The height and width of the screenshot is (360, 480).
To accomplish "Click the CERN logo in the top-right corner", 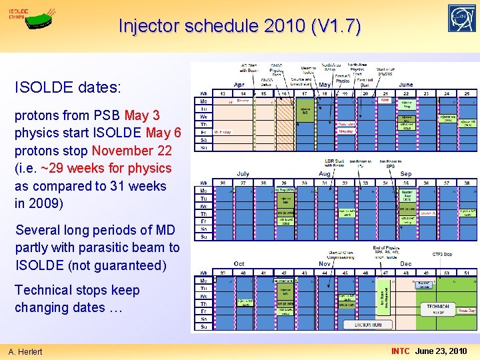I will click(x=462, y=19).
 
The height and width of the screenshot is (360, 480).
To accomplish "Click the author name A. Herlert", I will click(x=25, y=351).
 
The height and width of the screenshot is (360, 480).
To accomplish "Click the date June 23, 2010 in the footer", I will click(x=441, y=351).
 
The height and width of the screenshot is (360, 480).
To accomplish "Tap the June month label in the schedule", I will click(x=405, y=85).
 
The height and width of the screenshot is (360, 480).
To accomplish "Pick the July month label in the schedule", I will click(x=243, y=174).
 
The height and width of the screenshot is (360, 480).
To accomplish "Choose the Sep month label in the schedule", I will click(x=405, y=174).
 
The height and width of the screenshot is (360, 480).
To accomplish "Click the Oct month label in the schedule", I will click(x=239, y=263).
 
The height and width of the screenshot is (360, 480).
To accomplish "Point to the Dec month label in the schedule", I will click(x=405, y=263).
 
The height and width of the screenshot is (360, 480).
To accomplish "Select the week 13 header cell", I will click(x=222, y=94).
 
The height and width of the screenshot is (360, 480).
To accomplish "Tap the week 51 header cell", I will click(x=466, y=272).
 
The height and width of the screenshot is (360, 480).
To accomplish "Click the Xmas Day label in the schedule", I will click(x=466, y=311).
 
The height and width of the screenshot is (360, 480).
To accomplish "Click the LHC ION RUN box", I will click(x=369, y=325).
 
